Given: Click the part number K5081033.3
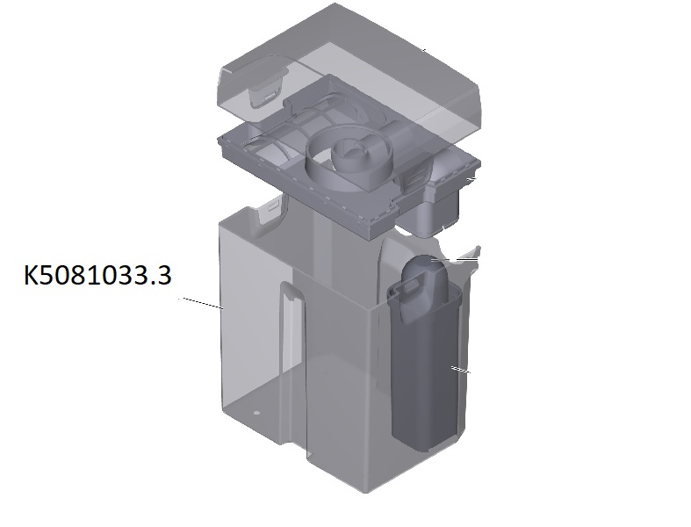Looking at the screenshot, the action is click(x=97, y=275).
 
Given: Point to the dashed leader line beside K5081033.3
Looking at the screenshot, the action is click(x=201, y=303).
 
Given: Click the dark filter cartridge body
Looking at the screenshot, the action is click(x=426, y=371).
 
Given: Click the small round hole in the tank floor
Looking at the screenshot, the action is click(x=257, y=413).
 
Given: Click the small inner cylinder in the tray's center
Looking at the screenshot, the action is click(x=349, y=155).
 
